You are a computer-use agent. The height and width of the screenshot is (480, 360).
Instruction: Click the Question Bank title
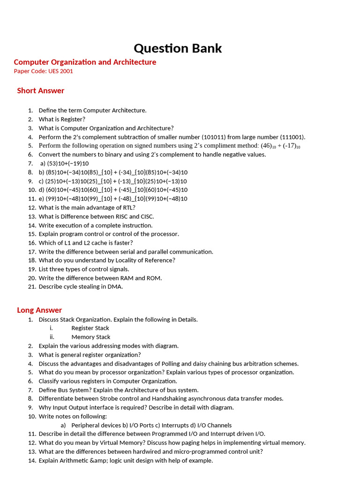(178, 48)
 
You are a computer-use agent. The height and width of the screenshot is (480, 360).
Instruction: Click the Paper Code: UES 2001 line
(43, 71)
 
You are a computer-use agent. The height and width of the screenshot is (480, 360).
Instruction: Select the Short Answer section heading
(40, 90)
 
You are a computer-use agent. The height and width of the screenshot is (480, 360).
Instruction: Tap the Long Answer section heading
(39, 310)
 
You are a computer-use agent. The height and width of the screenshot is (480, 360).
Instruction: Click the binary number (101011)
(216, 137)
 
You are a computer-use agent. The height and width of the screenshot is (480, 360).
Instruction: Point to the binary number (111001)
(292, 137)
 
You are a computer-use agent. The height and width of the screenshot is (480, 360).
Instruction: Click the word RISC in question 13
(121, 217)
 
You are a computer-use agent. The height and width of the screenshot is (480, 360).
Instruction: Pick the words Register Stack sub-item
(90, 328)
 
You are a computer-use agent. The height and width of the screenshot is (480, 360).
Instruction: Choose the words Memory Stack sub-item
(90, 337)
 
